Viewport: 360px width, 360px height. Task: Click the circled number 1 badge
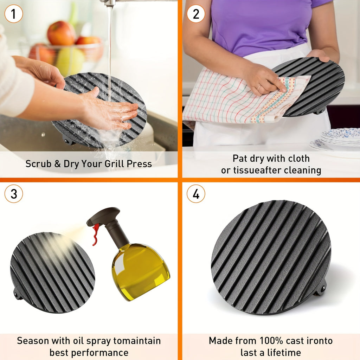[14, 14]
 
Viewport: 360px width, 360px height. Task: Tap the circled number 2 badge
[196, 14]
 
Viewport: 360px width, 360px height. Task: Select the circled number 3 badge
[14, 194]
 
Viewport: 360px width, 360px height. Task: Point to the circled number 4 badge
[196, 194]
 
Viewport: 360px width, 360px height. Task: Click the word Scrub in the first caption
[38, 164]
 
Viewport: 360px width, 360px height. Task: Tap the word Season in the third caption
[33, 341]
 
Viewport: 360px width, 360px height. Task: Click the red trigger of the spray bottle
[96, 234]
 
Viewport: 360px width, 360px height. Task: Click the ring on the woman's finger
[259, 88]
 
